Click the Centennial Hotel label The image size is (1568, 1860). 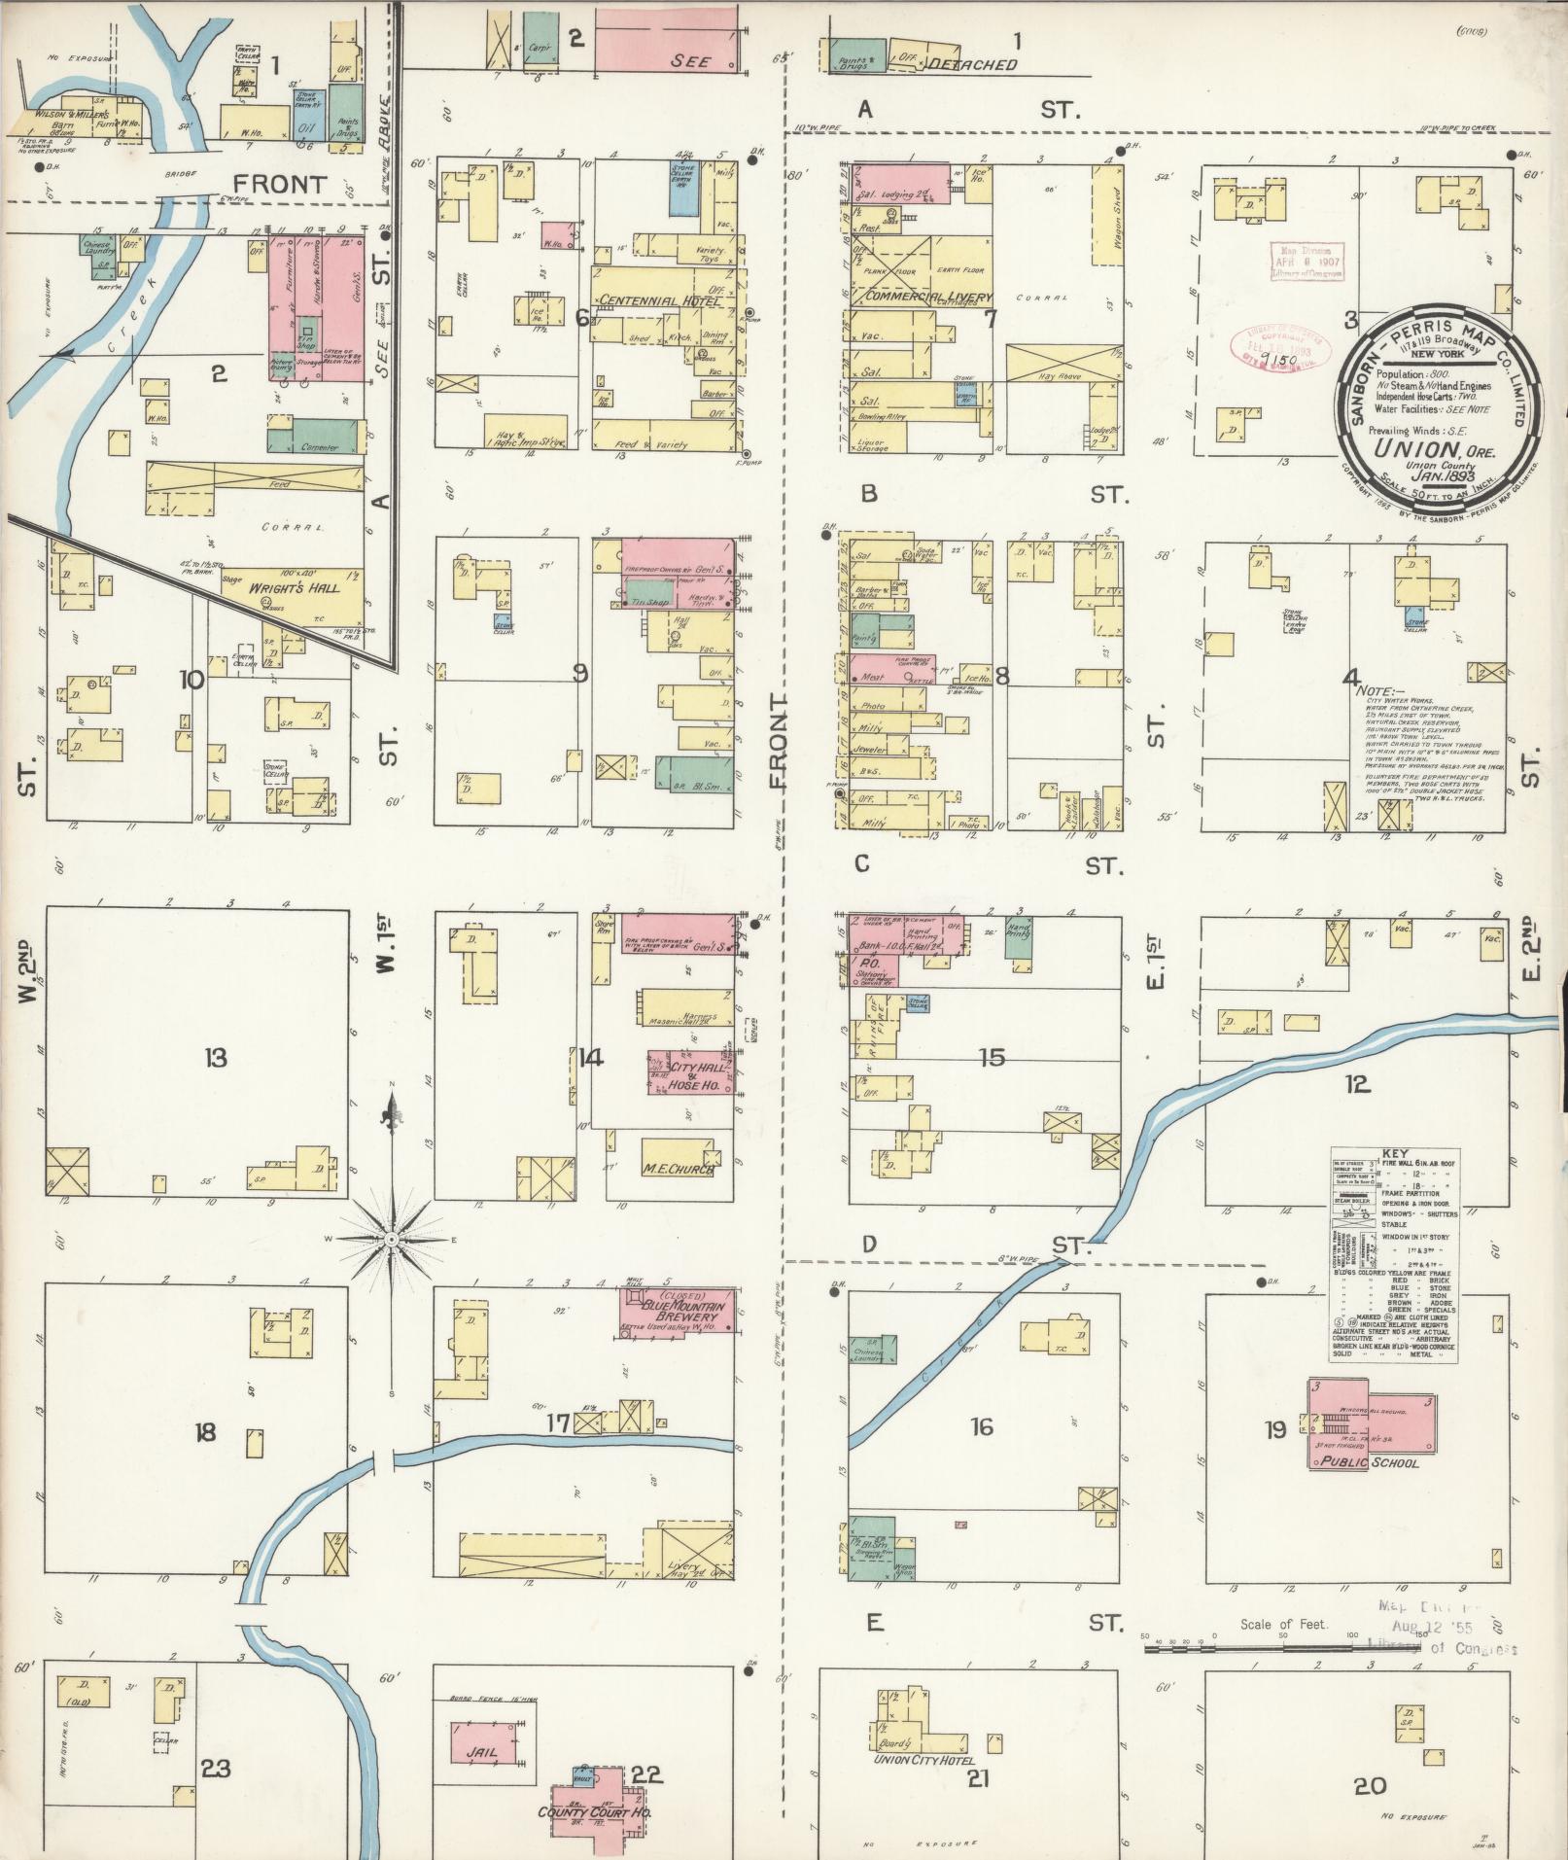pos(660,300)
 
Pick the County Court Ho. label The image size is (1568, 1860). pos(594,1814)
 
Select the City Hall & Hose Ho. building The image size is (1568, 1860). pos(691,1072)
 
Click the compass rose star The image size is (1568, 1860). pos(391,1239)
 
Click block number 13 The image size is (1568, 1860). pos(215,1057)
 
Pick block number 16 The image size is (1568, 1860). pos(982,1426)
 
